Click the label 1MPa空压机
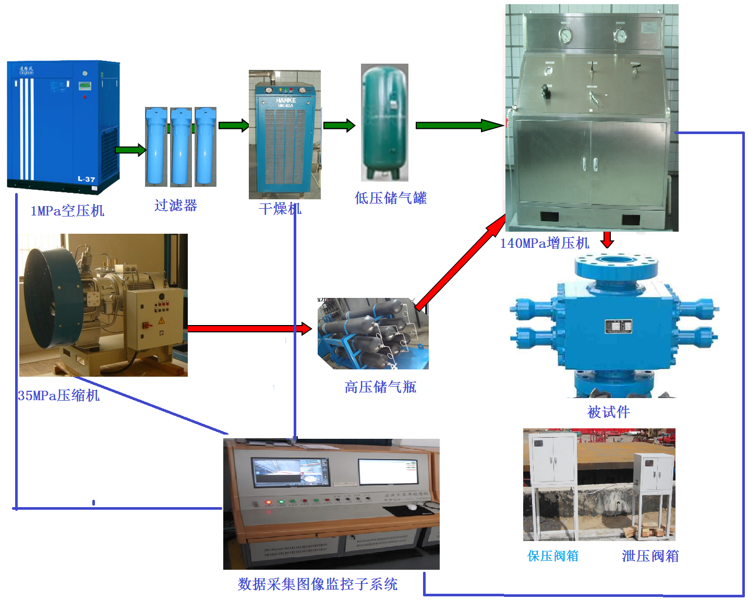(x=67, y=211)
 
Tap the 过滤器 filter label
(x=176, y=206)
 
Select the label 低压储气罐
(x=390, y=198)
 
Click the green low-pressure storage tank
(x=384, y=123)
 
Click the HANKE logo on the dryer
(x=285, y=100)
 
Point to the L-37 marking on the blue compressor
(x=87, y=179)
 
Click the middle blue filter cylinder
(x=181, y=147)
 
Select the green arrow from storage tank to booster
(x=459, y=125)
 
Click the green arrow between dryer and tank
(x=339, y=125)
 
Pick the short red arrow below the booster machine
(x=607, y=239)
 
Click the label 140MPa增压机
(x=544, y=243)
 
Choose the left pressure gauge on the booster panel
(x=565, y=35)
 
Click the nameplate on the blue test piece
(x=618, y=327)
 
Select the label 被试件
(x=608, y=413)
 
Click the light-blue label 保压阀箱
(x=553, y=556)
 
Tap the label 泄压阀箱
(x=650, y=556)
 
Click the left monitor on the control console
(x=291, y=472)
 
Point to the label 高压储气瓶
(x=380, y=387)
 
